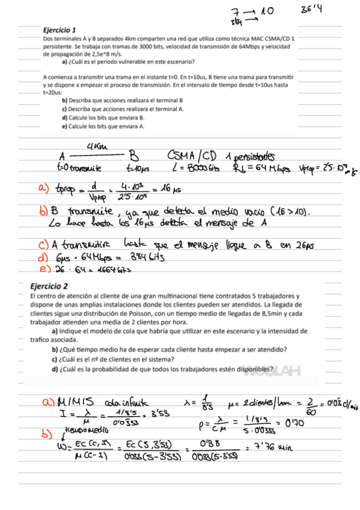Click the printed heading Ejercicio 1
tap(59, 29)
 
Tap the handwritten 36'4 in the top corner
tap(311, 10)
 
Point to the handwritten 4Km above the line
tap(97, 146)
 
